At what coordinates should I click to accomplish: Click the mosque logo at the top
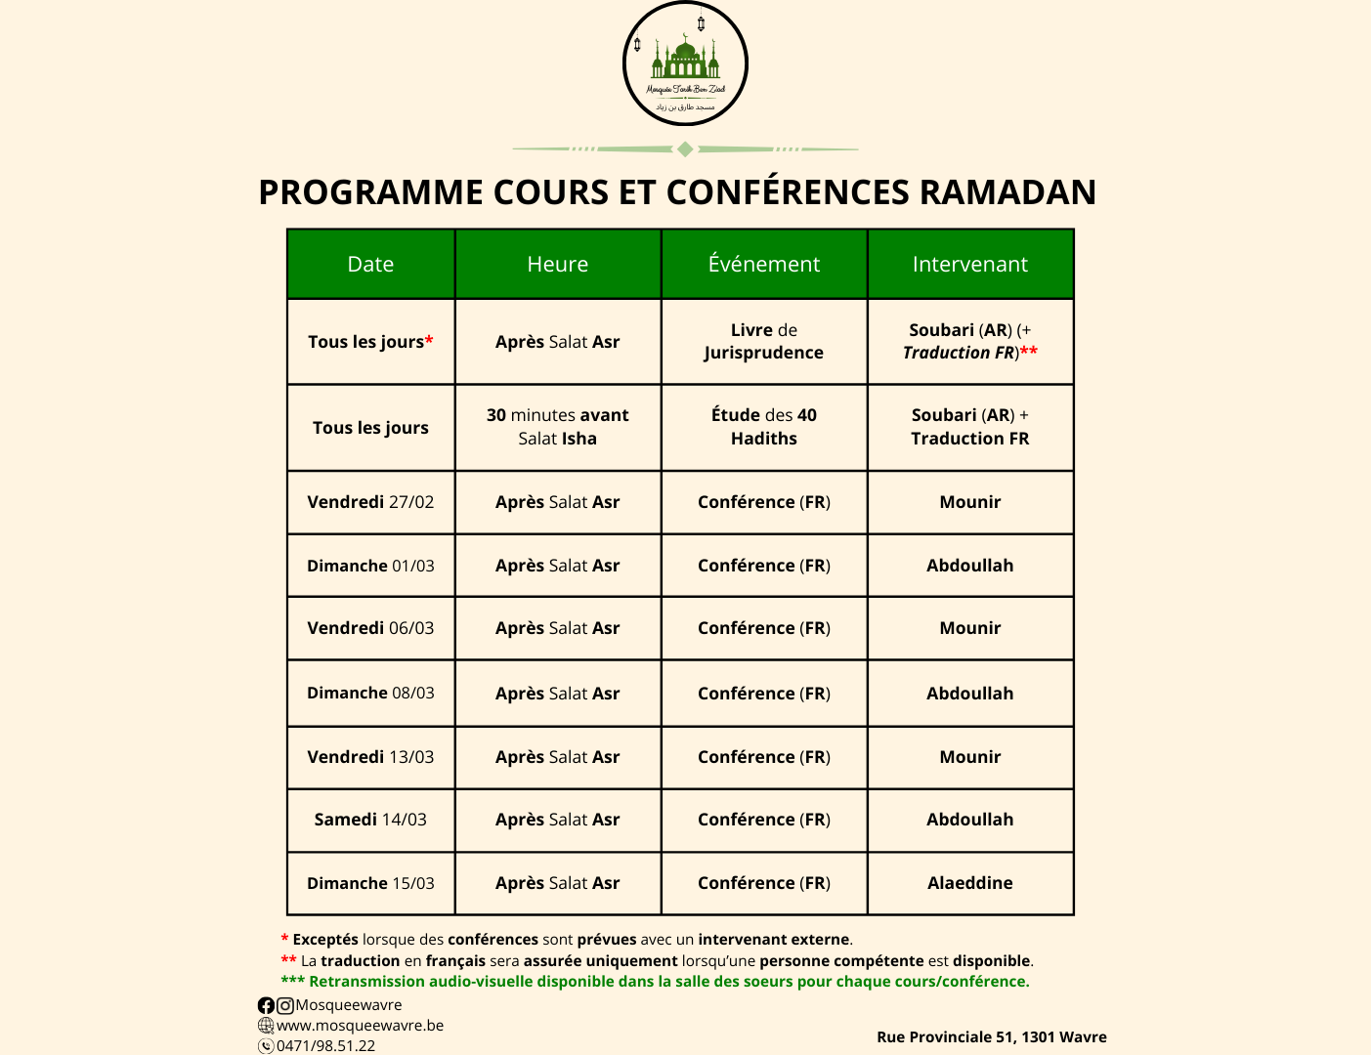pos(685,64)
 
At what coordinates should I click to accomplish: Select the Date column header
pos(370,264)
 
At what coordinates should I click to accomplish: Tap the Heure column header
pos(557,264)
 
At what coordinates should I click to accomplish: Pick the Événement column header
pos(763,264)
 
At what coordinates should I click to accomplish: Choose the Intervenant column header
pos(969,264)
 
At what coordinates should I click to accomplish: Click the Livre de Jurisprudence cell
pos(763,341)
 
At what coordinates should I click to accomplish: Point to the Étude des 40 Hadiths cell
pos(763,427)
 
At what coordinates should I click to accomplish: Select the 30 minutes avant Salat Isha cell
pos(557,427)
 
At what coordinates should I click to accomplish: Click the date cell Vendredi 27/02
pos(370,502)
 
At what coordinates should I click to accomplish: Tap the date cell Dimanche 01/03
pos(370,566)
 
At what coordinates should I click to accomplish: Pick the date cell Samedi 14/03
pos(370,820)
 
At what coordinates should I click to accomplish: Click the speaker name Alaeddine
pos(969,883)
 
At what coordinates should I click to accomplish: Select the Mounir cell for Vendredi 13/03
pos(969,757)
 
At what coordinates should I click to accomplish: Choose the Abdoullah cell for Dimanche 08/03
pos(969,694)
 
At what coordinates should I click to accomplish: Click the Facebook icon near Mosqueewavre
pos(266,1005)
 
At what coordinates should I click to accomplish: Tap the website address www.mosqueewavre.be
pos(360,1026)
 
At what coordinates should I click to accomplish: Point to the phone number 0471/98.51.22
pos(325,1045)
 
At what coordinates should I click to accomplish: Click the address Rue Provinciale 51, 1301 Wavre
pos(991,1037)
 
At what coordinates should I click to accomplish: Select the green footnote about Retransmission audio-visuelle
pos(655,982)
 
